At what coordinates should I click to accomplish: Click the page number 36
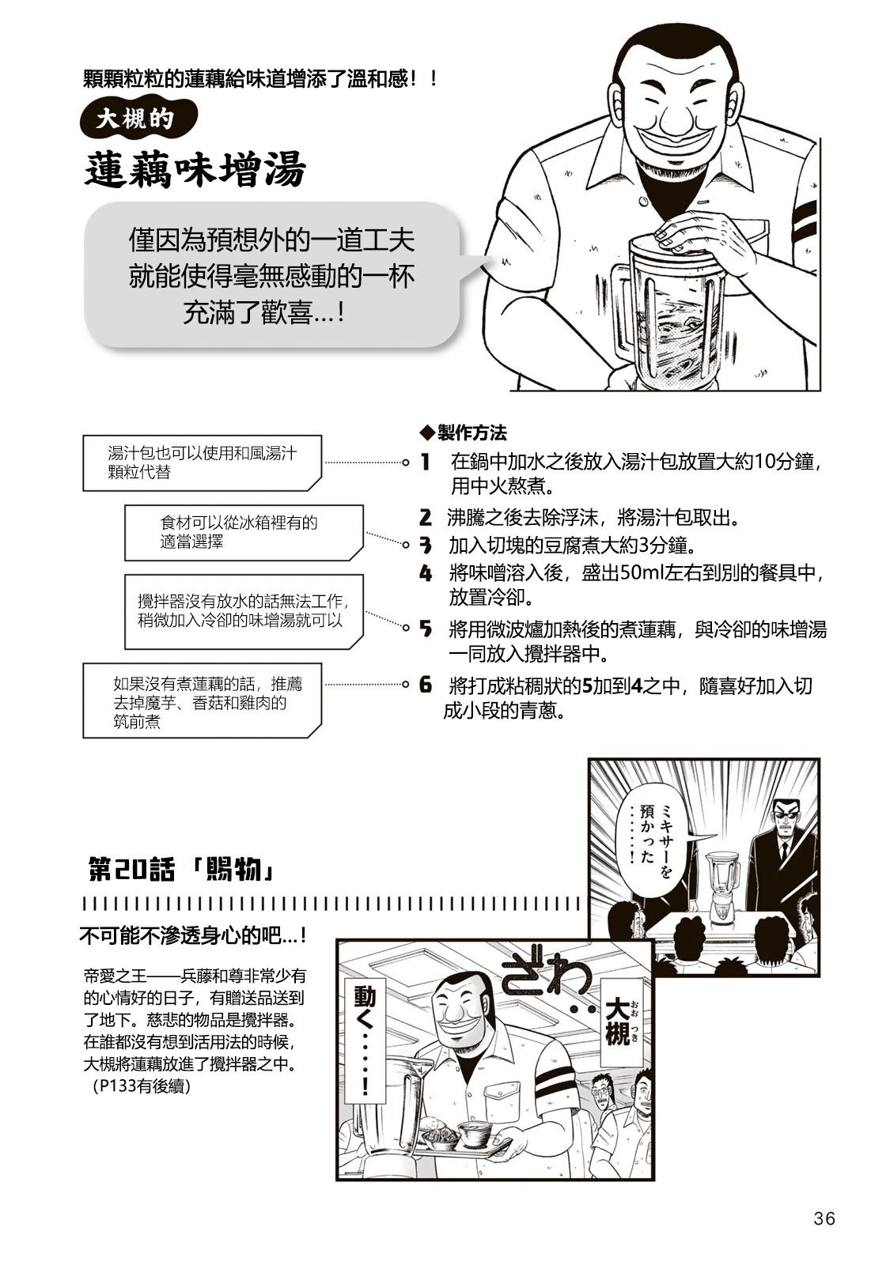[x=824, y=1218]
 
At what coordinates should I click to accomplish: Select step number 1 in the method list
[x=425, y=463]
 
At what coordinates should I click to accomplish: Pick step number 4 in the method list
[x=426, y=573]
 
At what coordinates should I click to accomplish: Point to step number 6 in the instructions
[x=426, y=685]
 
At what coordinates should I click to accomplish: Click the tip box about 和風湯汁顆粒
[x=202, y=463]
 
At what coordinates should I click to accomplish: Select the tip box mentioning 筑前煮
[x=202, y=701]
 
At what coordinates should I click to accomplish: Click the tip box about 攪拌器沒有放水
[x=243, y=611]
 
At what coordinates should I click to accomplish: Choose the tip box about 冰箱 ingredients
[x=243, y=532]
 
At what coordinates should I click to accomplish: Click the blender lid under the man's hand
[x=672, y=247]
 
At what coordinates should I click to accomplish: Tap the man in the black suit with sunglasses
[x=783, y=850]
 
